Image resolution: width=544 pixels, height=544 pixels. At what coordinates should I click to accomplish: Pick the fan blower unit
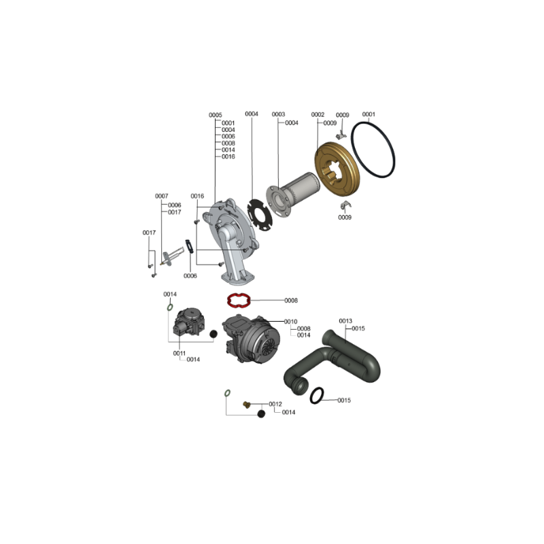coord(251,339)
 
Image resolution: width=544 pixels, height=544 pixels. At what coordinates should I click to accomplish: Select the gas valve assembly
coord(189,321)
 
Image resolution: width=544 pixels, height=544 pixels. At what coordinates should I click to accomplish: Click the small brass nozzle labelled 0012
coord(246,404)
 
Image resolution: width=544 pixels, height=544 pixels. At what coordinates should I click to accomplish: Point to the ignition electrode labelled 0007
coord(173,257)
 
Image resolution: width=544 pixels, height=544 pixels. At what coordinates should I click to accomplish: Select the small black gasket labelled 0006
coord(190,246)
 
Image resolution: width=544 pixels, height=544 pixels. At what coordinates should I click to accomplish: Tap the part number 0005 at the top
coord(215,115)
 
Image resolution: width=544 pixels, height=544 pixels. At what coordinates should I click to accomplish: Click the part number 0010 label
coord(290,322)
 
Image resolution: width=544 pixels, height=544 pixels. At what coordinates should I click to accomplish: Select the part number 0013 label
coord(345,321)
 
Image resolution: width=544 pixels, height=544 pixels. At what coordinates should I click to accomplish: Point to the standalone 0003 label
coord(278,114)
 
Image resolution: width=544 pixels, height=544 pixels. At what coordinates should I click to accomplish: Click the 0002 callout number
coord(318,114)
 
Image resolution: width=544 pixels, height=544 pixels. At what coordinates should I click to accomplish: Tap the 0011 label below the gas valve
coord(180,353)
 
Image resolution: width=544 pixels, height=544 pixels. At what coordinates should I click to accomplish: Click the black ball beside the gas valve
coord(214,334)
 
